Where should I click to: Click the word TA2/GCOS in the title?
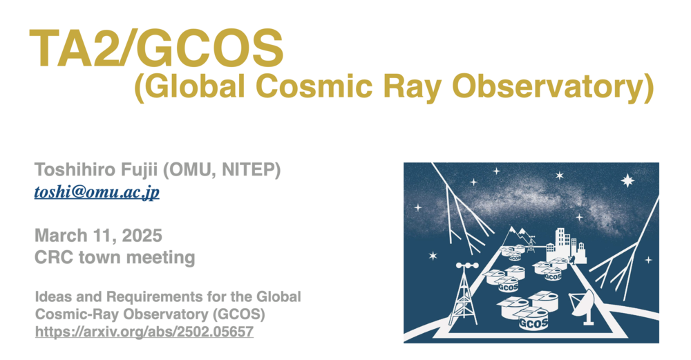pyautogui.click(x=157, y=48)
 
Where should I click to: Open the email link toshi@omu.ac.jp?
pyautogui.click(x=97, y=192)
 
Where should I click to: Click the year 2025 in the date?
pyautogui.click(x=142, y=236)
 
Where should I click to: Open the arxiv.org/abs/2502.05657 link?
pyautogui.click(x=144, y=332)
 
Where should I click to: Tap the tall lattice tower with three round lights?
pyautogui.click(x=464, y=294)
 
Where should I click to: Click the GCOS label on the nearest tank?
pyautogui.click(x=533, y=324)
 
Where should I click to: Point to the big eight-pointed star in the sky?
pyautogui.click(x=627, y=180)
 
